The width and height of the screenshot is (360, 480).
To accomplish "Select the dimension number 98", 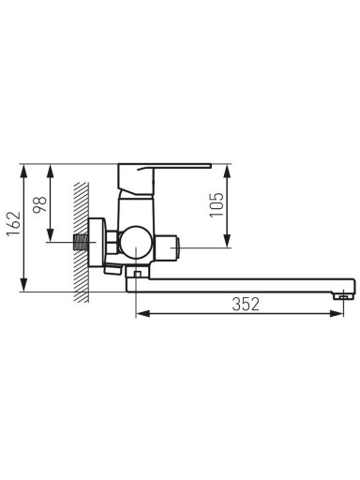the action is point(40,205).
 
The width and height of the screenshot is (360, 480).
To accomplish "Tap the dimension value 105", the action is point(217,204).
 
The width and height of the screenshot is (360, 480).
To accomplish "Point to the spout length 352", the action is point(246,304).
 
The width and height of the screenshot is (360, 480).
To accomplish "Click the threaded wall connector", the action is point(81,242).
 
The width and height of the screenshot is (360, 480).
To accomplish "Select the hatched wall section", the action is point(82,242).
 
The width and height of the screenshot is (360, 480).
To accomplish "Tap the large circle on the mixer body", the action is point(136,242).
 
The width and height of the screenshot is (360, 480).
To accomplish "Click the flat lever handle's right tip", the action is point(211,165).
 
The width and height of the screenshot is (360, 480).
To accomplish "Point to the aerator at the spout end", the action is point(343,296).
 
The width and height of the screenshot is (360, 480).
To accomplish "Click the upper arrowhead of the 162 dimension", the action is point(23,171).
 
